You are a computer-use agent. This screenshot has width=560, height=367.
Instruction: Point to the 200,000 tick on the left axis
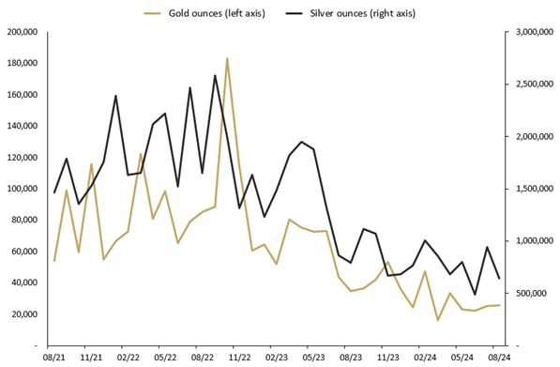(x=21, y=32)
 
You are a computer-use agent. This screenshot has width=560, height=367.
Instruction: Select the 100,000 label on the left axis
(x=21, y=189)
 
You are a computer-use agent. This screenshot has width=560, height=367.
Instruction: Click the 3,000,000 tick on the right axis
(x=531, y=32)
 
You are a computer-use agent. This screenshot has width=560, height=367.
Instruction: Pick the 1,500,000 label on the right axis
(x=531, y=189)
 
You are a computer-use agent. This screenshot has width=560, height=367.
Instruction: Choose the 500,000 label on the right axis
(x=535, y=293)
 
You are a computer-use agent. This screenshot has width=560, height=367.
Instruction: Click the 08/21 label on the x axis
(x=54, y=358)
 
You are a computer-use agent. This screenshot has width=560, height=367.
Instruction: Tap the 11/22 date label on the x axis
(x=240, y=358)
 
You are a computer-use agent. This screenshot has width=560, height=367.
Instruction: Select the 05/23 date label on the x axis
(x=313, y=358)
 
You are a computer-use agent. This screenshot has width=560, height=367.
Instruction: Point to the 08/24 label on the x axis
(x=499, y=358)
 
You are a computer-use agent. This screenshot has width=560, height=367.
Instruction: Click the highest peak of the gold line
(x=227, y=58)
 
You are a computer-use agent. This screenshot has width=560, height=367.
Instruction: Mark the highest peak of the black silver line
(x=215, y=76)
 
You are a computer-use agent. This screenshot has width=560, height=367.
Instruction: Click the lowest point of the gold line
(x=437, y=320)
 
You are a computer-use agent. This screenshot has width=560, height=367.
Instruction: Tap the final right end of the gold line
(x=499, y=305)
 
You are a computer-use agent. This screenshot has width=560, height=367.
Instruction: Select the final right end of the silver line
(x=499, y=278)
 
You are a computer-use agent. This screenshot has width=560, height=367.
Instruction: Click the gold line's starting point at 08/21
(x=54, y=260)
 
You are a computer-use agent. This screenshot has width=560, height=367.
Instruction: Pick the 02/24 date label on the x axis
(x=425, y=358)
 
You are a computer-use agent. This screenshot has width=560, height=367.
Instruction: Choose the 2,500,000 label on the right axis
(x=531, y=84)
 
